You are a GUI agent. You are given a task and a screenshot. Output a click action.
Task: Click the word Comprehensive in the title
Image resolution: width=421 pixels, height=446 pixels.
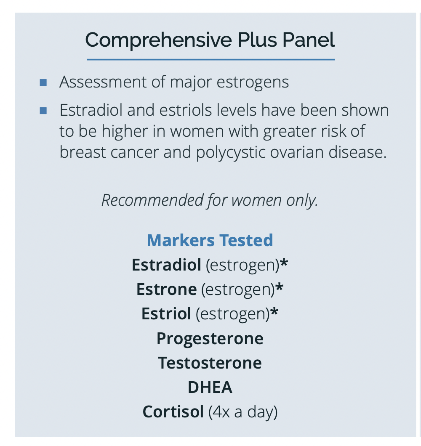point(158,40)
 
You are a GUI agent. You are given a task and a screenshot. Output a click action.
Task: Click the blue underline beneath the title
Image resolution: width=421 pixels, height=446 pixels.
point(210,59)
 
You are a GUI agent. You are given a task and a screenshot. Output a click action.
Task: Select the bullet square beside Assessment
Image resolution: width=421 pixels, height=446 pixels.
point(43,82)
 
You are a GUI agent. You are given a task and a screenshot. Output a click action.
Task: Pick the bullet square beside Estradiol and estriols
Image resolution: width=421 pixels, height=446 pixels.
point(43,111)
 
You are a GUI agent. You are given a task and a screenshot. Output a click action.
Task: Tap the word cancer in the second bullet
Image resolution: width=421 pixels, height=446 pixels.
point(134,153)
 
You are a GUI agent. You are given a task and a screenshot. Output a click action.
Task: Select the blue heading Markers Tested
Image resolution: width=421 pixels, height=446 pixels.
point(210,240)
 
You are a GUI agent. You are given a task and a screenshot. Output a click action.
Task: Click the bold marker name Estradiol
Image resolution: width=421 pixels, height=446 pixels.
point(167,265)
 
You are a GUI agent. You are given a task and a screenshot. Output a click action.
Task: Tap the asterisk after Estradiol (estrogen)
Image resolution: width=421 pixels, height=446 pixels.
point(284,263)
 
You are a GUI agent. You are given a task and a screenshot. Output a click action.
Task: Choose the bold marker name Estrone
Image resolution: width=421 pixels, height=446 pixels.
point(167,289)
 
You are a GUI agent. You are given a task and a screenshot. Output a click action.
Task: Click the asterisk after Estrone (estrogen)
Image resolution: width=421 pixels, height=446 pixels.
point(280,287)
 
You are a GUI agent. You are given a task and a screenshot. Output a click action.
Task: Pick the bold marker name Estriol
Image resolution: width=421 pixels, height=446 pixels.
point(166,314)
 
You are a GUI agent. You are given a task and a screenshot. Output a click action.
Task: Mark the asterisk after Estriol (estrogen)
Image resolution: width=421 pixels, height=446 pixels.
point(274,311)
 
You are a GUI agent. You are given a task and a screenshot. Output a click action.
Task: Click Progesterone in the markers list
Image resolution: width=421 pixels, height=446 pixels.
point(210,339)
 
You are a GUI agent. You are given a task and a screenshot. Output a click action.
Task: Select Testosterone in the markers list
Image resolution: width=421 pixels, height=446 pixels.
point(210,363)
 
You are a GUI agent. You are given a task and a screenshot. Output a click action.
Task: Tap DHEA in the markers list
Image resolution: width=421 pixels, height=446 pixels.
point(210,388)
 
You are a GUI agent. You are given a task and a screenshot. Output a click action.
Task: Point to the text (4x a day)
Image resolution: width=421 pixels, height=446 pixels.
point(243,412)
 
